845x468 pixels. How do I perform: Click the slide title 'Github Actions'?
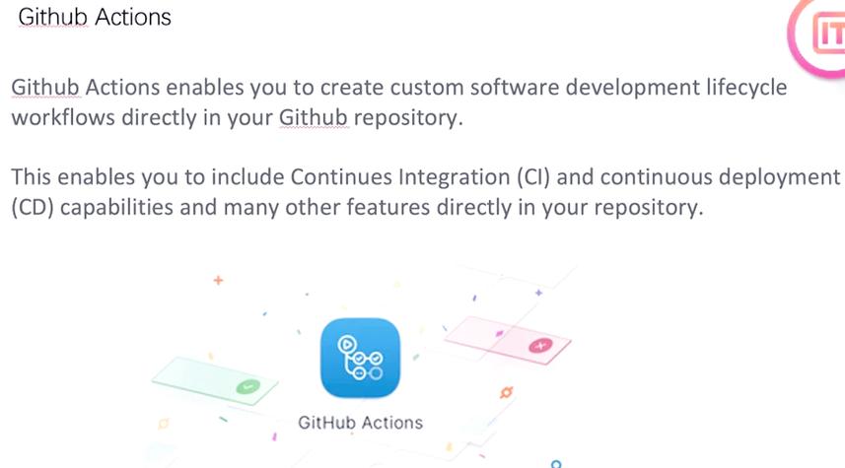(x=94, y=18)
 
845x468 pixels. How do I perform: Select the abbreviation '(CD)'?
(x=32, y=210)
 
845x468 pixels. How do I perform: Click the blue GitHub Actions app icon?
(x=360, y=357)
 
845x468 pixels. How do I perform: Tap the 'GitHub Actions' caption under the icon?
(x=360, y=423)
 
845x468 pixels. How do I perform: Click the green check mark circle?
(x=248, y=387)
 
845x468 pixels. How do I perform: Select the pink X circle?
(x=538, y=346)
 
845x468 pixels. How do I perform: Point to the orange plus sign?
(x=218, y=281)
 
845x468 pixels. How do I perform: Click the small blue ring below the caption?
(x=556, y=462)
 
